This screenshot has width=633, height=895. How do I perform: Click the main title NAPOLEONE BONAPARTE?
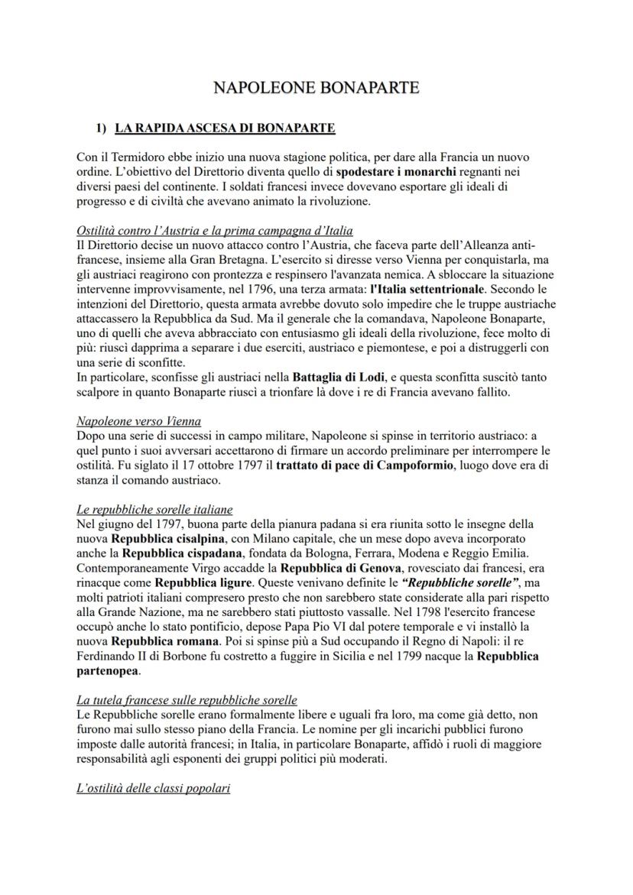click(x=316, y=88)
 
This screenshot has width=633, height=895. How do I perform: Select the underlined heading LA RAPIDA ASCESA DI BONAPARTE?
click(x=225, y=128)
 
